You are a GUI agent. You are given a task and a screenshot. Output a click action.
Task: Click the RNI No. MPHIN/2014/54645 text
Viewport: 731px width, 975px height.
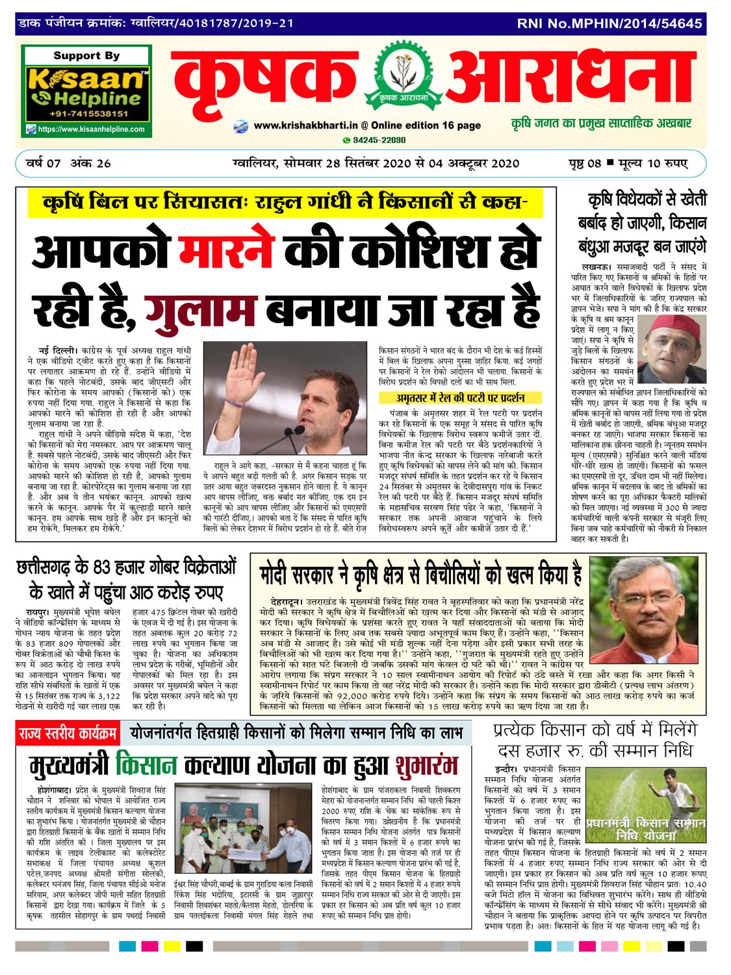[609, 23]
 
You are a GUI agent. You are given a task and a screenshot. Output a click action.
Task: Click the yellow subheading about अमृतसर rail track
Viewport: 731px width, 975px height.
[460, 397]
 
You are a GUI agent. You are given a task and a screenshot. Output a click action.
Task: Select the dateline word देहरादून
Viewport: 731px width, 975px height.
[283, 602]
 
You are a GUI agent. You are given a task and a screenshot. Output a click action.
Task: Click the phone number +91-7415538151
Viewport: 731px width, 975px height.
[86, 114]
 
